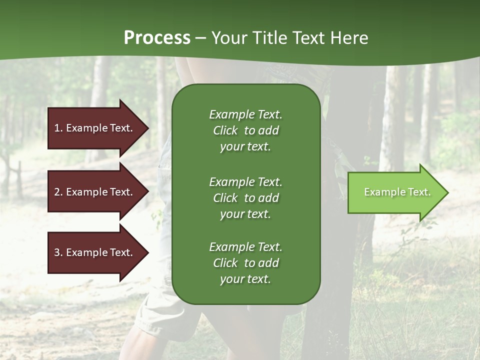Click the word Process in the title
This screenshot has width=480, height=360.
coord(157,38)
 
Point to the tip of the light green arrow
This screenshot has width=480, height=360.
coord(447,192)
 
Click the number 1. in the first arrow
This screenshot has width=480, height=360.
coord(58,128)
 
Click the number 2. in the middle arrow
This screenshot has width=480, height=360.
coord(58,192)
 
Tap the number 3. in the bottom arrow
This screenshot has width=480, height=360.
coord(58,252)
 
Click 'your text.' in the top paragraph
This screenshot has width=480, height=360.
coord(245,147)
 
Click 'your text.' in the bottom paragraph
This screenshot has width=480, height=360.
coord(245,279)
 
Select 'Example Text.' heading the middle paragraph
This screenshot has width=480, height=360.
coord(245,182)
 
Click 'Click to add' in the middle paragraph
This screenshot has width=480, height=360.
coord(245,198)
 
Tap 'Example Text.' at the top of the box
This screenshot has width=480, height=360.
coord(245,114)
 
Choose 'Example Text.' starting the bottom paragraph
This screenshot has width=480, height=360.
coord(245,247)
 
